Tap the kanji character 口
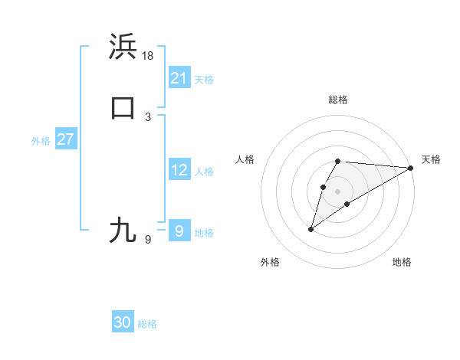pos(123,107)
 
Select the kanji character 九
pos(123,230)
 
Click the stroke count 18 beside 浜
pos(149,56)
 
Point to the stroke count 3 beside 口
pos(148,117)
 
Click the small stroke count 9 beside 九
pos(148,240)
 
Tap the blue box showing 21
pos(179,78)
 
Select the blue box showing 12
pos(179,170)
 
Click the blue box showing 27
pos(65,139)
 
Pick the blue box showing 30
pos(123,322)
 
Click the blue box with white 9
pos(179,231)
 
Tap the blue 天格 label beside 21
pos(204,80)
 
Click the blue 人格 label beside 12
pos(204,172)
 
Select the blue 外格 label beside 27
pos(41,141)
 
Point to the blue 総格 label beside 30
pos(147,324)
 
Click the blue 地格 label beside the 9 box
pos(204,233)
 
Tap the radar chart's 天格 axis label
pos(431,159)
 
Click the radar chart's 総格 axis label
pos(338,100)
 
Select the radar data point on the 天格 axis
pos(412,168)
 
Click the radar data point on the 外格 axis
pos(311,229)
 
